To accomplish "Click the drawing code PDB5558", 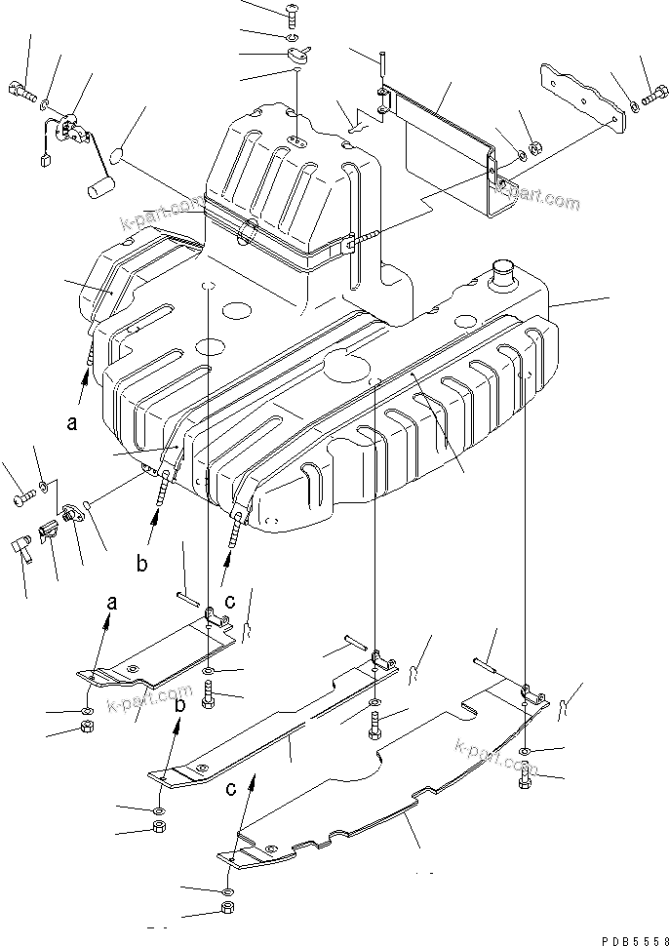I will [x=629, y=937].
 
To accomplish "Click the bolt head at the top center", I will [x=295, y=12].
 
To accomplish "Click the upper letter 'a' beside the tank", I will [x=71, y=423].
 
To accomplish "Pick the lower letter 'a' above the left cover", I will [x=110, y=603].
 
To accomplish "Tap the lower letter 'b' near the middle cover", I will [x=178, y=721].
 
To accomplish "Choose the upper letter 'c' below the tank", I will [x=227, y=601].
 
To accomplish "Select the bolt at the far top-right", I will [x=654, y=98].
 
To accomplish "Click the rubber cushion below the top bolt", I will [x=295, y=57].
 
